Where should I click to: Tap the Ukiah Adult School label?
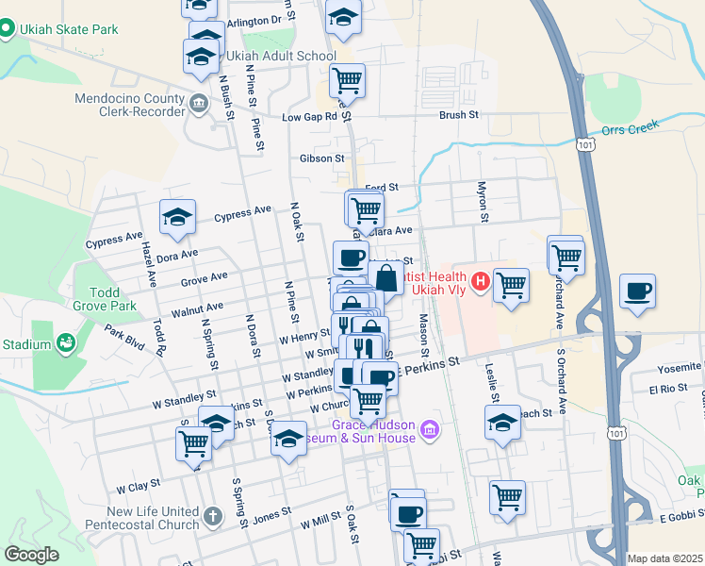coord(280,56)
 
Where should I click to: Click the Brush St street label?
coord(459,115)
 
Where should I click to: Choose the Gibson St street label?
coord(319,158)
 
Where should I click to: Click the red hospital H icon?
coord(481,280)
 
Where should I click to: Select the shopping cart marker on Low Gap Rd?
coord(347,80)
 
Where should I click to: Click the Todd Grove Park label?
coord(107,299)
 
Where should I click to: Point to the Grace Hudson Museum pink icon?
coord(430,430)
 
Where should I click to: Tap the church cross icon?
coord(213,516)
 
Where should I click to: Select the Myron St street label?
coord(482,202)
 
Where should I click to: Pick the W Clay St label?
coord(139,488)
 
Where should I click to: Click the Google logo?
coord(31,555)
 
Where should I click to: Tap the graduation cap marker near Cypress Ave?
coord(176,218)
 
